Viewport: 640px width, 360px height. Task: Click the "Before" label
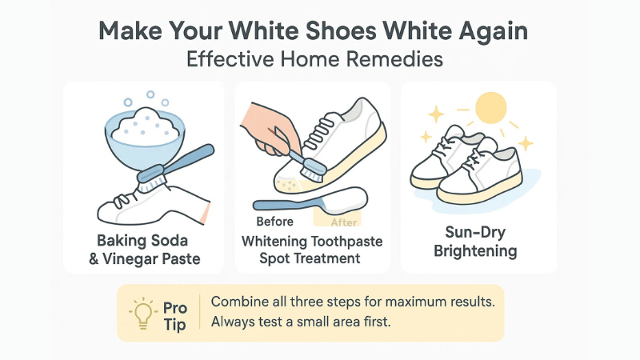tap(274, 222)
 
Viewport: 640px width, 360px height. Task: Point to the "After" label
tap(345, 222)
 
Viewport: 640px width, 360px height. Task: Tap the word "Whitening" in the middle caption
tap(278, 241)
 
